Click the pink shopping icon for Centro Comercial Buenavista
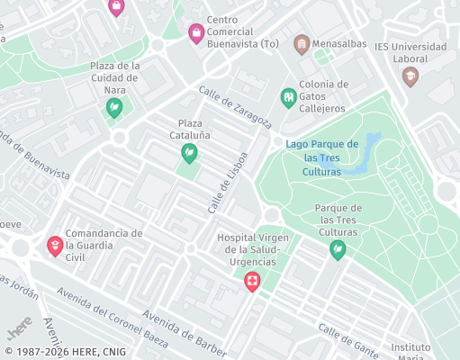(x=195, y=34)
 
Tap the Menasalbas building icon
(x=302, y=43)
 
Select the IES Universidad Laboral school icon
(x=410, y=77)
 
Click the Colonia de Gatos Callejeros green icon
(x=288, y=96)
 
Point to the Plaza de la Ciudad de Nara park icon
(x=115, y=109)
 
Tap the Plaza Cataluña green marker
(x=189, y=154)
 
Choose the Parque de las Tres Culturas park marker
(x=338, y=250)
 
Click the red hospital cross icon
(x=253, y=283)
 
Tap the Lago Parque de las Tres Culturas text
(x=321, y=157)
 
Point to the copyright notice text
(x=65, y=352)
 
